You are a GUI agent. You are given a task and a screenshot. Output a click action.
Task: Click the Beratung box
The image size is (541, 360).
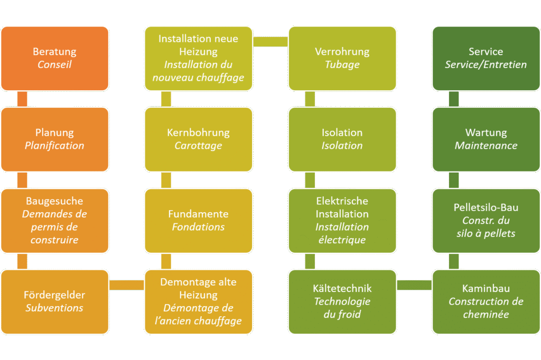pyautogui.click(x=54, y=59)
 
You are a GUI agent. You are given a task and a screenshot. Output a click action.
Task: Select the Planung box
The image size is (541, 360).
pyautogui.click(x=54, y=139)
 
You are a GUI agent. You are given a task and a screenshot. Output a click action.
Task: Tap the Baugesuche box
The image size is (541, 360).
pyautogui.click(x=54, y=221)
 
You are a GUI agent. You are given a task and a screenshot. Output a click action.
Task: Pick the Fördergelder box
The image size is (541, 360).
pyautogui.click(x=54, y=301)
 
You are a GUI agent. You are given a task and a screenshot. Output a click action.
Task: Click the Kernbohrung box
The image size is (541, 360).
pyautogui.click(x=199, y=139)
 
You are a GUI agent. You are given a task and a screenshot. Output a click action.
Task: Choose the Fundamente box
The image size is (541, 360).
pyautogui.click(x=199, y=221)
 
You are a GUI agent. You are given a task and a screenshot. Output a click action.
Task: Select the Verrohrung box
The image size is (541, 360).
pyautogui.click(x=342, y=59)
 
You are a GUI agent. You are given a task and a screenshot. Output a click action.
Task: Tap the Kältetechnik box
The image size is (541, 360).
pyautogui.click(x=342, y=301)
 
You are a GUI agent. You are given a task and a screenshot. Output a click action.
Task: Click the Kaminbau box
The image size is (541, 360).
pyautogui.click(x=486, y=301)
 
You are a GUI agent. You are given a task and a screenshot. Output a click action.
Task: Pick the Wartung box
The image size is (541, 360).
pyautogui.click(x=486, y=139)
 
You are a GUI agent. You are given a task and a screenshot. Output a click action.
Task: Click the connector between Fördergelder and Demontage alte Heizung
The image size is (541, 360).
pyautogui.click(x=126, y=285)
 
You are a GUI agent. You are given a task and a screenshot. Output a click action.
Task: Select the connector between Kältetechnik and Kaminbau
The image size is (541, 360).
pyautogui.click(x=414, y=285)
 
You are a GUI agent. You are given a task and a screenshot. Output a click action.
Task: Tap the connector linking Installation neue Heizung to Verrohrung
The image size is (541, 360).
pyautogui.click(x=270, y=41)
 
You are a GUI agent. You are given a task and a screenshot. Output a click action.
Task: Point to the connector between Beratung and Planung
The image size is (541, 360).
pyautogui.click(x=22, y=99)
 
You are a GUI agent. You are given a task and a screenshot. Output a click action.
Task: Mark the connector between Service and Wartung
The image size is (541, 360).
pyautogui.click(x=453, y=99)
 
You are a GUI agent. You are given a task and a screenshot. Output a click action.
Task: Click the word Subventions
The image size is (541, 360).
pyautogui.click(x=54, y=308)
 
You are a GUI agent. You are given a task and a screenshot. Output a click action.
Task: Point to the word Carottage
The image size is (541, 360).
pyautogui.click(x=199, y=146)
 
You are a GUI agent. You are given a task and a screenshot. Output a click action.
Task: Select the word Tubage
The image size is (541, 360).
pyautogui.click(x=342, y=65)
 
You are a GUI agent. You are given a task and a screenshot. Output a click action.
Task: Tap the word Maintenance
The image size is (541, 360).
pyautogui.click(x=486, y=146)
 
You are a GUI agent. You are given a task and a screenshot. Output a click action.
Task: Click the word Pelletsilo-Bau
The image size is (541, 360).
pyautogui.click(x=486, y=207)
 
